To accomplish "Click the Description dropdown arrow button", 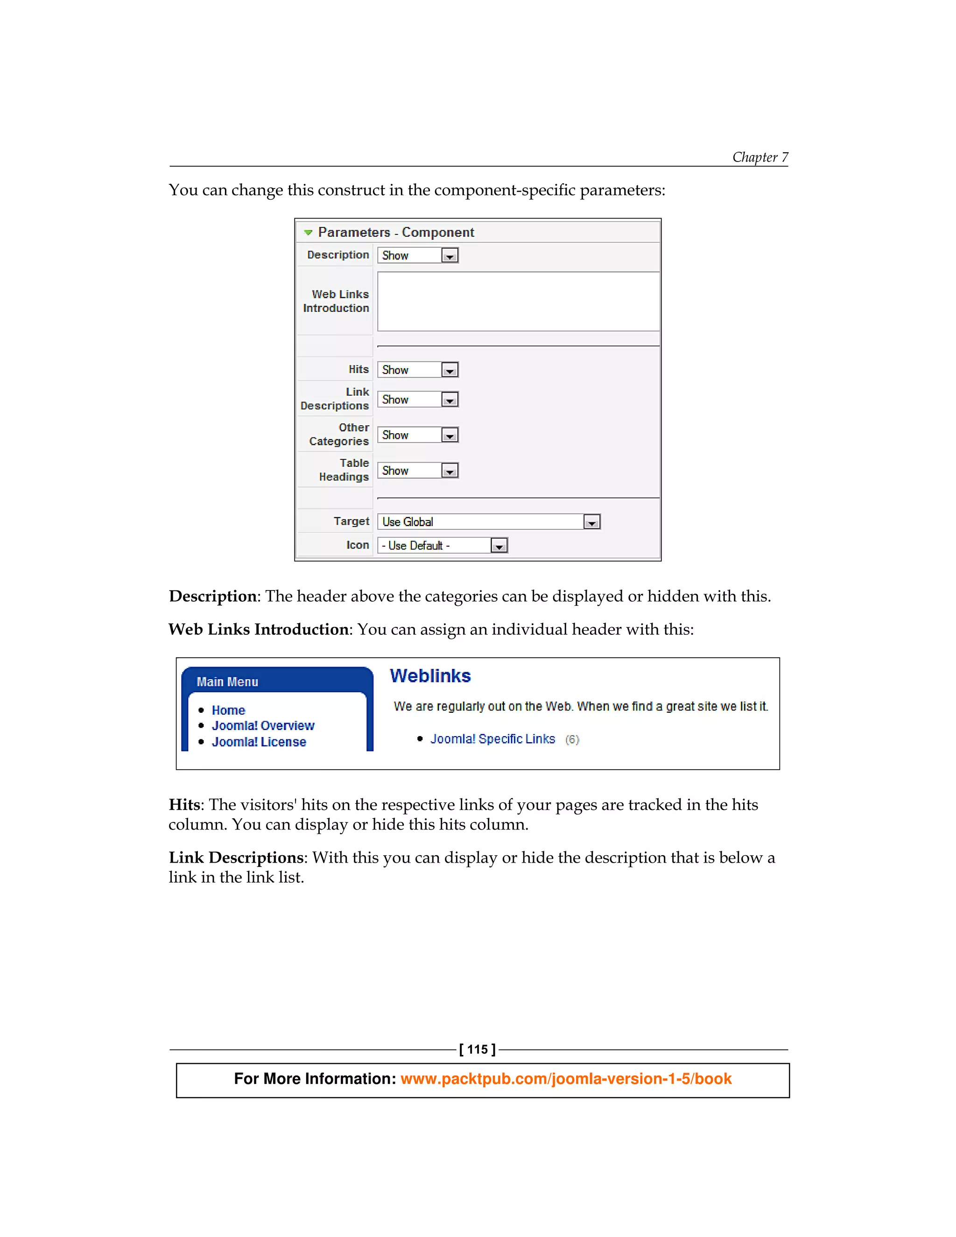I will click(x=450, y=256).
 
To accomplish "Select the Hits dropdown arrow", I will click(x=450, y=371).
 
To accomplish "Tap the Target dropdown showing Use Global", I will click(x=488, y=522).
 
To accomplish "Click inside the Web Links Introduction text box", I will click(x=518, y=302).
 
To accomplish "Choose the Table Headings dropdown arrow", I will click(x=450, y=471).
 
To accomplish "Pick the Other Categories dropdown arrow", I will click(x=450, y=436).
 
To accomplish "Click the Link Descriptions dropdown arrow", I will click(x=450, y=401).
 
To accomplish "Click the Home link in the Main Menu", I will click(x=228, y=710).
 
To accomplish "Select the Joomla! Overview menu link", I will click(x=263, y=725).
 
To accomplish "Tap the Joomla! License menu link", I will click(x=259, y=742).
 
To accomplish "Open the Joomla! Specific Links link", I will click(x=492, y=739).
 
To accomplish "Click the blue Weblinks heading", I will click(x=430, y=676).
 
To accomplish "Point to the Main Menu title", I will click(x=227, y=682).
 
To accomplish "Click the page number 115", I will click(x=478, y=1049).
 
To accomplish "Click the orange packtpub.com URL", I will click(x=566, y=1079).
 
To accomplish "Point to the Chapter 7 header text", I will click(x=759, y=157).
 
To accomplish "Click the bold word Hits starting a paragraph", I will click(x=185, y=805).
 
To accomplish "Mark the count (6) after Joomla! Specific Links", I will click(x=572, y=740).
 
